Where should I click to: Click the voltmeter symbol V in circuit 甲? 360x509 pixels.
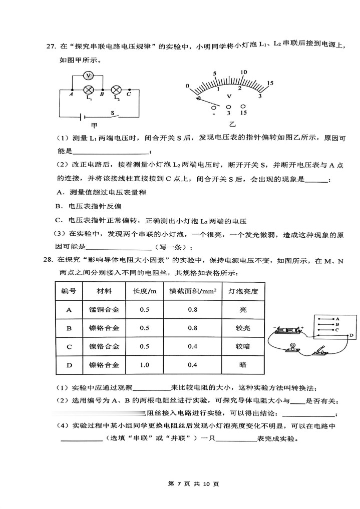(88, 75)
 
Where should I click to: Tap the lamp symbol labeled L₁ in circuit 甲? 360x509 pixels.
(89, 90)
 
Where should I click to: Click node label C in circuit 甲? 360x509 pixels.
(129, 94)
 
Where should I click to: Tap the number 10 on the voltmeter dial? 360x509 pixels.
(243, 73)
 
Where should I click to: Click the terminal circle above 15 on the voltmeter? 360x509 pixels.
(243, 107)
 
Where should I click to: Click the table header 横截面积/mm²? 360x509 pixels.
(192, 291)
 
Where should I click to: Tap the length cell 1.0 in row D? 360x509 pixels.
(145, 365)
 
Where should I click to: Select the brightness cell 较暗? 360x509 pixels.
(243, 346)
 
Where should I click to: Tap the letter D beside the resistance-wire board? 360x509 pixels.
(351, 335)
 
